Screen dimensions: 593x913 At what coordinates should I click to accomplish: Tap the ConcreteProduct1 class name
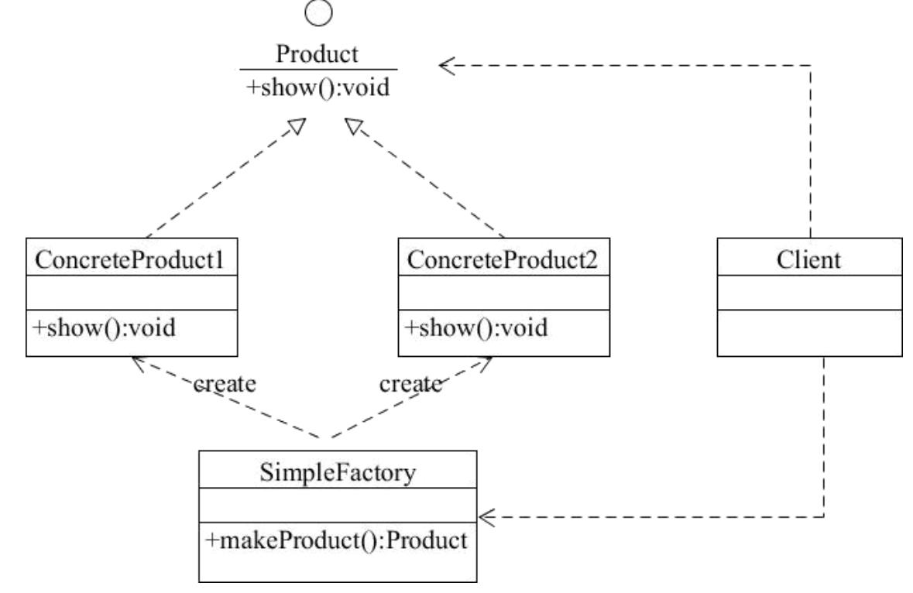pos(131,260)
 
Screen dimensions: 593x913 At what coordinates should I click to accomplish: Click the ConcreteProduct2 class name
pos(503,260)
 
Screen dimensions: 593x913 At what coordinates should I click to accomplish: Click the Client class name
pos(809,260)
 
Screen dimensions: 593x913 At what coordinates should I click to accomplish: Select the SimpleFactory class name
pos(338,472)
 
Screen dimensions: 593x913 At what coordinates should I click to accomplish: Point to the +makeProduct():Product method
pos(336,539)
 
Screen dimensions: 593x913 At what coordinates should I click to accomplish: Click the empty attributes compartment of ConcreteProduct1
pos(131,293)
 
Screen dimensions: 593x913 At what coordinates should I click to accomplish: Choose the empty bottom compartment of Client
pos(809,334)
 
